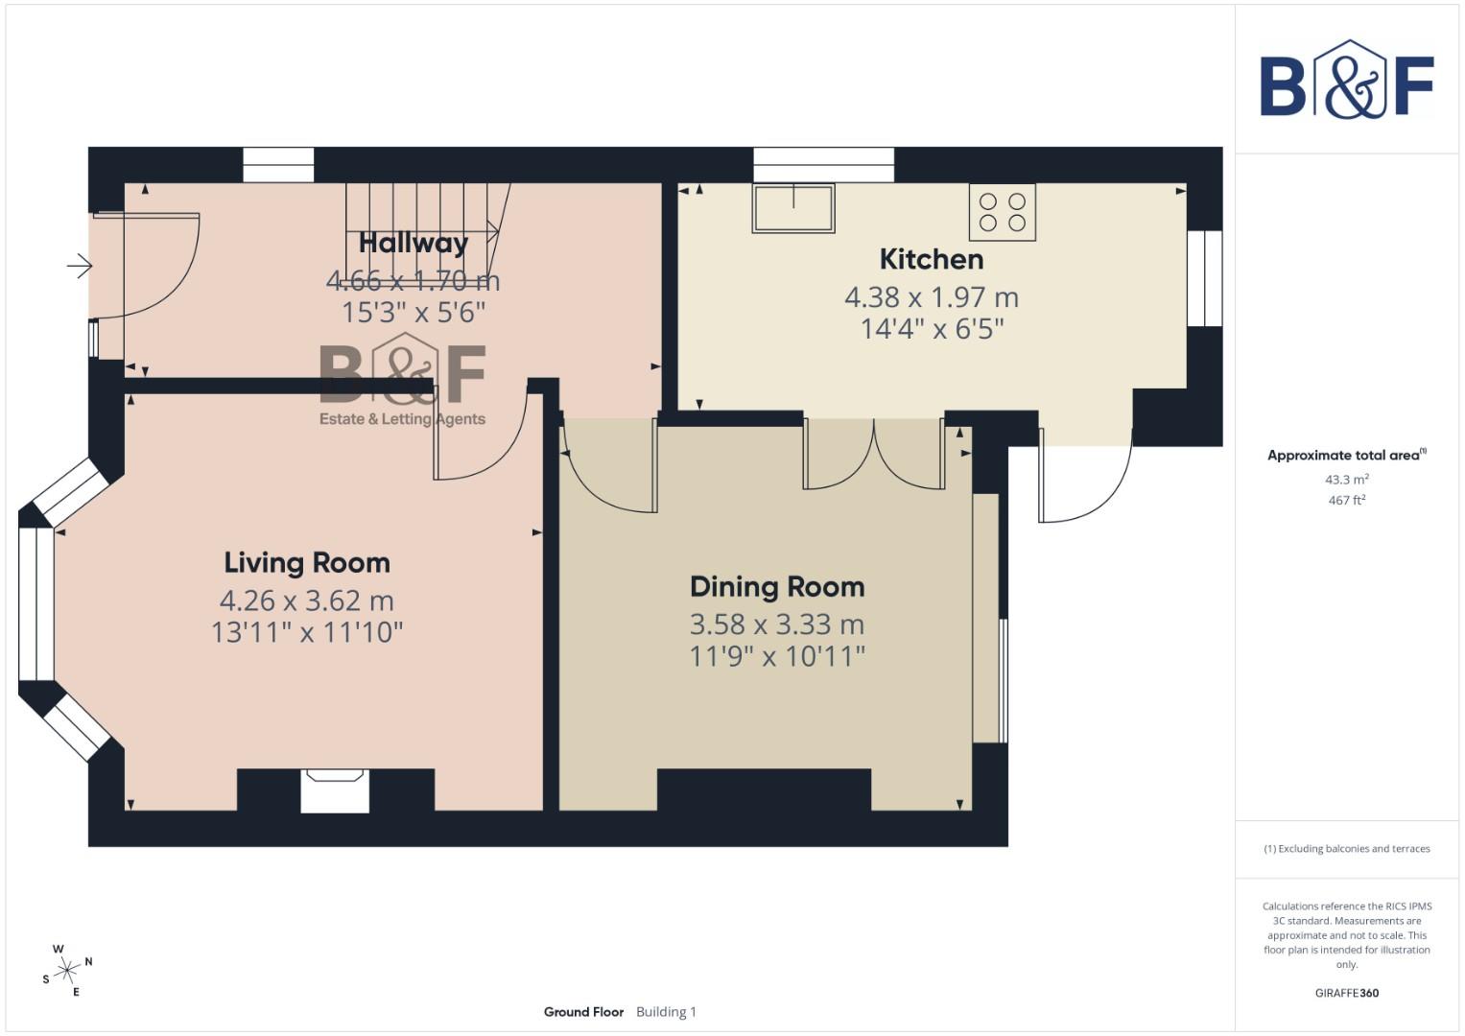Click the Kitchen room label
coord(931,259)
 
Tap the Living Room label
coord(307,563)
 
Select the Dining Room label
coord(777,587)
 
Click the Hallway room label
coord(414,243)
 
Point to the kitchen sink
coord(792,208)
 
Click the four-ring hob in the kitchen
coord(1002,212)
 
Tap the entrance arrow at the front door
coord(79,266)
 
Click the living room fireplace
coord(335,790)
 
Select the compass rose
coord(67,971)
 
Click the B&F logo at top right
coord(1346,82)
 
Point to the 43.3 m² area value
coord(1346,480)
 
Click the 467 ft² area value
coord(1346,501)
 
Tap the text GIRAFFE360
coord(1346,993)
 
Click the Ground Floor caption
coord(583,1012)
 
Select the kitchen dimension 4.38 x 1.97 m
coord(931,297)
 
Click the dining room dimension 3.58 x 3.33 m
coord(777,624)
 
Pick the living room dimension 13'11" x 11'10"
coord(307,632)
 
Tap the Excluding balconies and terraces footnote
coord(1346,849)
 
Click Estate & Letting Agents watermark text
coord(402,419)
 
